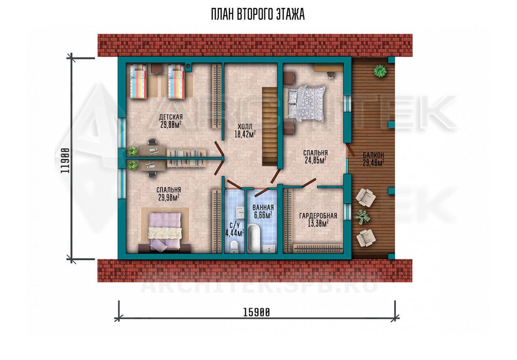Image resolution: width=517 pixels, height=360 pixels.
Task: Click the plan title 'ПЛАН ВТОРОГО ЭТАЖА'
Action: click(x=258, y=14)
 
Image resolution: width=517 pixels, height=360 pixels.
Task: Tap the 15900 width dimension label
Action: click(x=256, y=313)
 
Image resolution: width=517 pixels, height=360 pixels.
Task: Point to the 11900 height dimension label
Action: click(x=65, y=161)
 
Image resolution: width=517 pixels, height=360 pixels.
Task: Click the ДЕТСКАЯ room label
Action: click(x=171, y=117)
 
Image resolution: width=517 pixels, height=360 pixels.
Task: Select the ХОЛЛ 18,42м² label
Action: click(x=245, y=130)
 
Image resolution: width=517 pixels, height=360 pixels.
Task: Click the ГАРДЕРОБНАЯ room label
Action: click(x=318, y=216)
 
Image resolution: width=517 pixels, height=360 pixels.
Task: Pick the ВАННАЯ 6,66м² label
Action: click(x=263, y=211)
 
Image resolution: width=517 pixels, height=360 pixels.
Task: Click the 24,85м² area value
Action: click(x=315, y=160)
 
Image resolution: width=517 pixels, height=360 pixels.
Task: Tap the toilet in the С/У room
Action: click(x=234, y=247)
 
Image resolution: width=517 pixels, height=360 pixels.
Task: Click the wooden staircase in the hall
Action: click(x=269, y=126)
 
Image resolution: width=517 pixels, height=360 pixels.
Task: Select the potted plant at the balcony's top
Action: click(x=380, y=71)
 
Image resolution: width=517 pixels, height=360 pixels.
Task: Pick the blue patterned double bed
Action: click(x=306, y=103)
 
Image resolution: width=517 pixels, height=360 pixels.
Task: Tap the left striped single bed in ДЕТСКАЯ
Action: click(x=138, y=81)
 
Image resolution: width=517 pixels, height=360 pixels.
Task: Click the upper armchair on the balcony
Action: click(x=365, y=198)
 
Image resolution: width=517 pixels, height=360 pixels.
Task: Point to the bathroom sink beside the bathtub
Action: click(x=269, y=248)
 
